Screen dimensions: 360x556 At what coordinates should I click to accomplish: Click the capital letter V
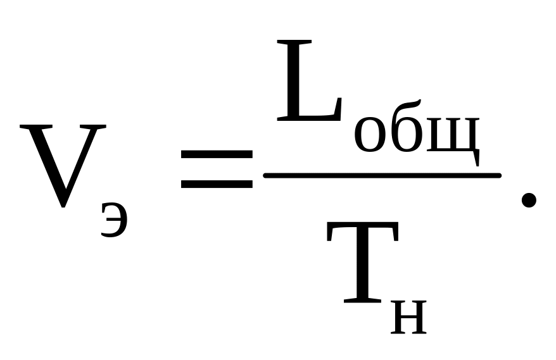coord(62,164)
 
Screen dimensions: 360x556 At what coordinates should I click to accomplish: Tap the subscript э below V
coord(115,220)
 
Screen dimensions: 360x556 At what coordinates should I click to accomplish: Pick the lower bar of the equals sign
coord(216,185)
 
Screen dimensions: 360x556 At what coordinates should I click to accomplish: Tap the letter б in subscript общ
coord(405,130)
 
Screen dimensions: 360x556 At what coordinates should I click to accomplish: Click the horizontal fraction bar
coord(382,175)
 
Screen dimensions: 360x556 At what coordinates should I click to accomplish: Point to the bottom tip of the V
coord(62,206)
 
